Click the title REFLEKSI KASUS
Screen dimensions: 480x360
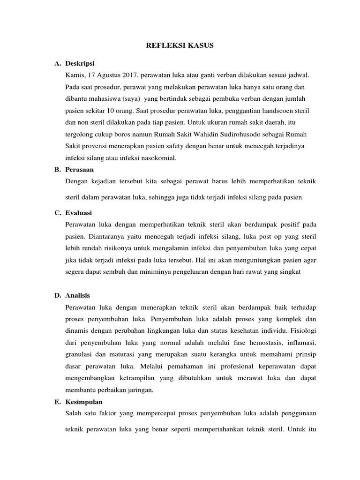pyautogui.click(x=180, y=45)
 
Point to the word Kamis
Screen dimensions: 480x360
pyautogui.click(x=77, y=75)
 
